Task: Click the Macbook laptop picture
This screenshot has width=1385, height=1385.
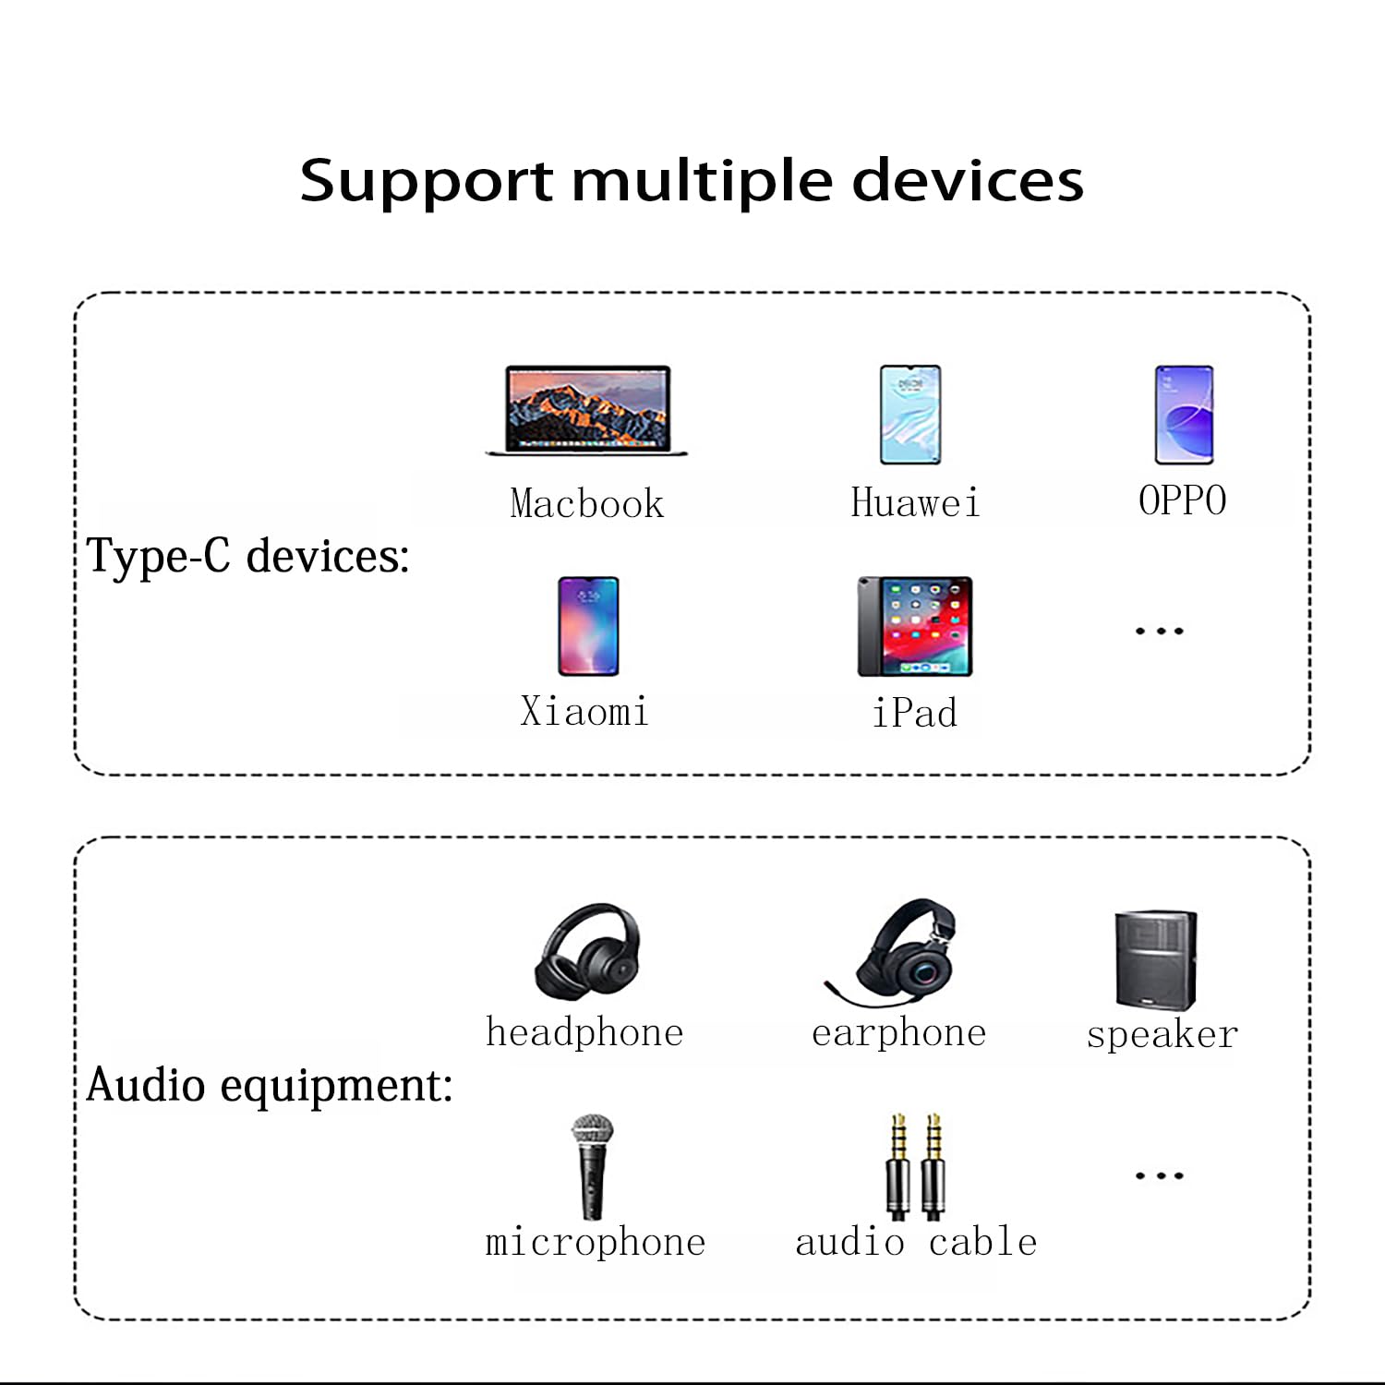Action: pos(587,410)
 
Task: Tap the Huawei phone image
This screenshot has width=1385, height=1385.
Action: pos(910,414)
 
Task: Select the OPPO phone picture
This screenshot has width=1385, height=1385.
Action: pos(1184,414)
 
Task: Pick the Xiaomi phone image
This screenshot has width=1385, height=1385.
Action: pos(588,626)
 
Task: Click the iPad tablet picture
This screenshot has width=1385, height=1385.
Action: pos(915,626)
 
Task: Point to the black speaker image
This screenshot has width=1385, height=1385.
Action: pos(1156,960)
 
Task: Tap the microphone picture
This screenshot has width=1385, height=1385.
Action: pos(592,1167)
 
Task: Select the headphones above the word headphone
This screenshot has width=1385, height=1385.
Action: pos(588,952)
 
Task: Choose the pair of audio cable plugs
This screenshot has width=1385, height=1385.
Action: pos(915,1165)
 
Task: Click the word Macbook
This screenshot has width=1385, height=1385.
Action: pos(587,504)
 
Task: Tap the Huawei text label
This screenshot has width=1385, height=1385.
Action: pos(915,503)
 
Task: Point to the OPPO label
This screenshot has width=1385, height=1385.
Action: pos(1182,500)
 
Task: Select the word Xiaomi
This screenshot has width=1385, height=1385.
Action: pos(584,712)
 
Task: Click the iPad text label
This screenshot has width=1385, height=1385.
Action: pos(915,713)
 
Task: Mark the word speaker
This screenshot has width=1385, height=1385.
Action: pos(1162,1035)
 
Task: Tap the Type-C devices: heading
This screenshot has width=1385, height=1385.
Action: pos(247,557)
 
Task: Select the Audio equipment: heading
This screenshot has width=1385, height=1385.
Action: pos(269,1085)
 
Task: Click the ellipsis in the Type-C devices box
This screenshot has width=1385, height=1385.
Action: pos(1159,632)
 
